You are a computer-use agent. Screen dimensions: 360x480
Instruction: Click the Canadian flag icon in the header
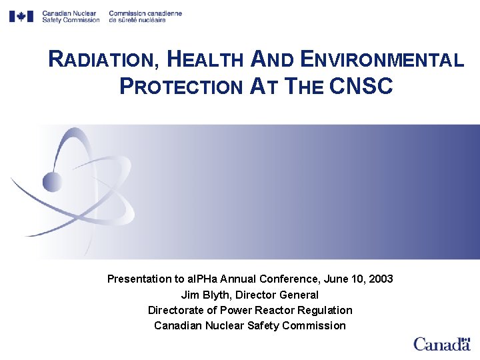pyautogui.click(x=21, y=16)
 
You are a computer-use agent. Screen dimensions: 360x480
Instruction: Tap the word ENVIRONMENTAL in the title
pyautogui.click(x=382, y=60)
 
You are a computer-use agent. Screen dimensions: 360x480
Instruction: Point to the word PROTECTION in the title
pyautogui.click(x=181, y=86)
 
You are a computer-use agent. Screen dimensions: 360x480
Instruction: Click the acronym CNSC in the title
pyautogui.click(x=361, y=86)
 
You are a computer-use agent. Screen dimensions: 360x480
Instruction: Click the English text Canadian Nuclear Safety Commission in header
pyautogui.click(x=70, y=17)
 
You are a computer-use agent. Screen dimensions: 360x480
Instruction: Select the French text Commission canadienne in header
pyautogui.click(x=145, y=13)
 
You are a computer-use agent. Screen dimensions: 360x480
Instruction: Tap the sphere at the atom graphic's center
pyautogui.click(x=52, y=181)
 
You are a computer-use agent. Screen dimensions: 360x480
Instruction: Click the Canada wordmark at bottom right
pyautogui.click(x=441, y=345)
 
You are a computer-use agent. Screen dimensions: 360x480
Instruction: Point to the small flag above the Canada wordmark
pyautogui.click(x=465, y=337)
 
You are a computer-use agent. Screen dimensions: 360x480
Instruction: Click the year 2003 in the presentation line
pyautogui.click(x=380, y=279)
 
